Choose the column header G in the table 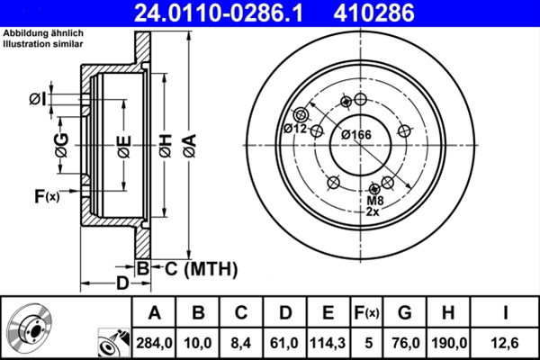pyautogui.click(x=404, y=312)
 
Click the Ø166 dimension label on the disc pyautogui.click(x=356, y=135)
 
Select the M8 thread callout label pyautogui.click(x=376, y=200)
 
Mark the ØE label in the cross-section pyautogui.click(x=122, y=144)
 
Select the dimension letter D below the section pyautogui.click(x=121, y=284)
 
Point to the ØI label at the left pyautogui.click(x=37, y=98)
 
